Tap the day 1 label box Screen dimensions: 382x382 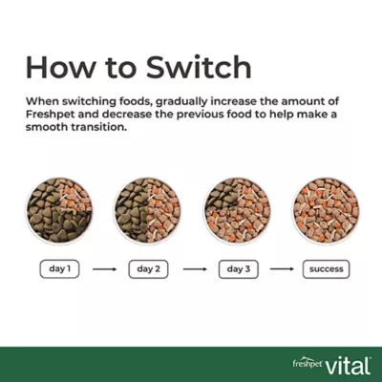59,268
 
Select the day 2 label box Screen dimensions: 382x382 147,268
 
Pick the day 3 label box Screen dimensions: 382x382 236,268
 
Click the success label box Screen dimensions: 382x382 326,268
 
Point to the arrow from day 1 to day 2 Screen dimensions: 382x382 104,269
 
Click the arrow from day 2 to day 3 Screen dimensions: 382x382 193,269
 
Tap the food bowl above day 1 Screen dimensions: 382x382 59,209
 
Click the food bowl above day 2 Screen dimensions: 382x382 148,209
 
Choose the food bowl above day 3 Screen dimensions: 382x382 237,209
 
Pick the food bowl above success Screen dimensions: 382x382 326,209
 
